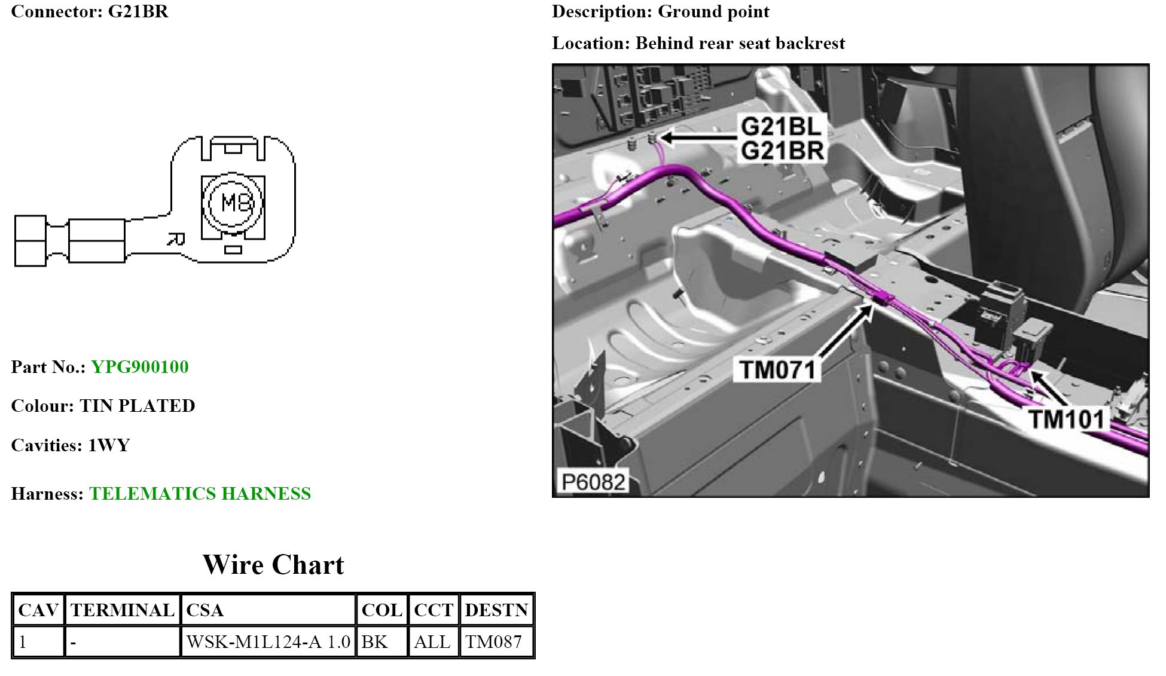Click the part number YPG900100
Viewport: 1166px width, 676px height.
[140, 367]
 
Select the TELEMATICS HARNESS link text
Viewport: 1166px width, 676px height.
[200, 494]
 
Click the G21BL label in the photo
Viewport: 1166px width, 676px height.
[781, 127]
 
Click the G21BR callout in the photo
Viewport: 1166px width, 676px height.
[782, 151]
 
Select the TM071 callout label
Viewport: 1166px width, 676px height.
[777, 370]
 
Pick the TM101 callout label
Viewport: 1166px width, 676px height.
[1067, 419]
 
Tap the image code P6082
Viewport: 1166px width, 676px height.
[593, 482]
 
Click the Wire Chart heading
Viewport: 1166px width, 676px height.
[273, 565]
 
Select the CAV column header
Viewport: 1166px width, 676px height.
[38, 610]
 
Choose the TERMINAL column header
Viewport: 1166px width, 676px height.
[123, 610]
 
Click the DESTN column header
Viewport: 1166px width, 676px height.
[496, 610]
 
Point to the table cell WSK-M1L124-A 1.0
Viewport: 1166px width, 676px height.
[268, 642]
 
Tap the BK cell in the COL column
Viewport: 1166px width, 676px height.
[375, 642]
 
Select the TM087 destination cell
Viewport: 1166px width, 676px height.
[494, 642]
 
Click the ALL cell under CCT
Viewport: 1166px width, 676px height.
[432, 642]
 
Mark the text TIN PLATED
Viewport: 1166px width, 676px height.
[138, 406]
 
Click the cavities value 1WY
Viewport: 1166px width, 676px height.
[109, 445]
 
